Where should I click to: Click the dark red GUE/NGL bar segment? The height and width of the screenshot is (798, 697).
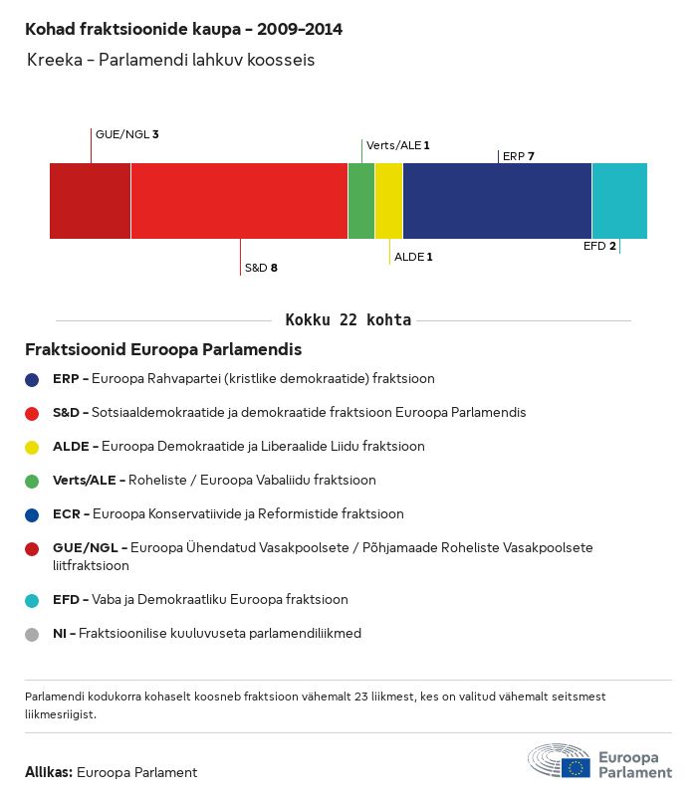point(90,201)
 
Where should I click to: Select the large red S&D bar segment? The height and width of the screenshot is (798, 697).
point(239,201)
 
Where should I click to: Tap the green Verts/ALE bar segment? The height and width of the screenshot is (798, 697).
point(361,201)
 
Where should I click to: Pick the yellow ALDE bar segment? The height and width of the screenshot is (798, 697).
point(388,201)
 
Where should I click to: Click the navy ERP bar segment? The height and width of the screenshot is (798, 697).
point(497,201)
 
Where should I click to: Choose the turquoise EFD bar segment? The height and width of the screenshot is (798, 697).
point(619,201)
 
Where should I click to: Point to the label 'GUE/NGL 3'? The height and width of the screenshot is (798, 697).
point(127,133)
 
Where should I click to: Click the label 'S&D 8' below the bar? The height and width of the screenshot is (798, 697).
point(261,268)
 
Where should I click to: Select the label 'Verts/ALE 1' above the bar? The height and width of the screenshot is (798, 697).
point(398,145)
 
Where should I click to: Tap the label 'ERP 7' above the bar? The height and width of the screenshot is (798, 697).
point(519,156)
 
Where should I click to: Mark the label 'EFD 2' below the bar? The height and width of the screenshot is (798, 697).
point(599,246)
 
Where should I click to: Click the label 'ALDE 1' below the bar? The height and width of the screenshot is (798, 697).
point(413,257)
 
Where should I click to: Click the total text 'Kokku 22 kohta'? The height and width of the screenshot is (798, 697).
point(348,320)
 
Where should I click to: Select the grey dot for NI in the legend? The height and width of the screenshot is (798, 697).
point(32,634)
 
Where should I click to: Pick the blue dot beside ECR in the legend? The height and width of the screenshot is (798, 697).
point(32,514)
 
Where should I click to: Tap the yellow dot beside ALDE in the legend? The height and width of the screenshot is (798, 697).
point(32,447)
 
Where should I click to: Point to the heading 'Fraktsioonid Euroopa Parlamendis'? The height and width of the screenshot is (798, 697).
point(163,350)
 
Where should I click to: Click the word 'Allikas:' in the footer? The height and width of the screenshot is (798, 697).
point(49,772)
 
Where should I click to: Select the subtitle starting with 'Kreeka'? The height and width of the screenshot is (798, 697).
point(171,61)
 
